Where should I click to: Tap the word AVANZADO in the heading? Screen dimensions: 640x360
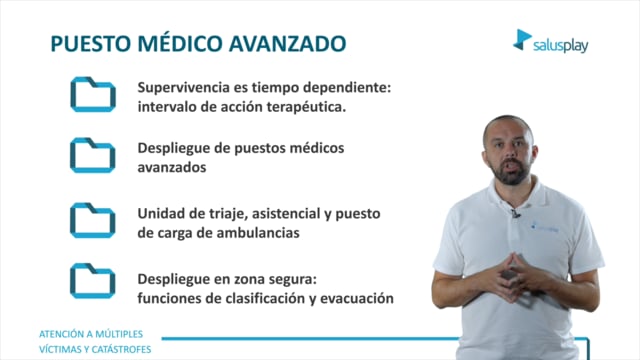[287, 44]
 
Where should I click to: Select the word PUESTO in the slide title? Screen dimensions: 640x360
[91, 44]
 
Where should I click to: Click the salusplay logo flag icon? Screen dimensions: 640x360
[522, 40]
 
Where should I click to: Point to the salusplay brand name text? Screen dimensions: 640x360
[560, 45]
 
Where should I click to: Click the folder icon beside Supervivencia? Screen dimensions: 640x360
[93, 94]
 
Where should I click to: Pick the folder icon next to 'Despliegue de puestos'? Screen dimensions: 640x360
[93, 155]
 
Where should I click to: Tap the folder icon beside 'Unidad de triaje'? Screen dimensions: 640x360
[93, 220]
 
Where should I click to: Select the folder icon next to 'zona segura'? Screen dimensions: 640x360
[93, 281]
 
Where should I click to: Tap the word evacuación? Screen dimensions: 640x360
[357, 298]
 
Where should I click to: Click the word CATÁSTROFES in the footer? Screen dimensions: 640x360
[121, 349]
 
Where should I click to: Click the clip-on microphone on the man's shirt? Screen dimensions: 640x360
[516, 213]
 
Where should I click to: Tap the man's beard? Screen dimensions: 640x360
[510, 172]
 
